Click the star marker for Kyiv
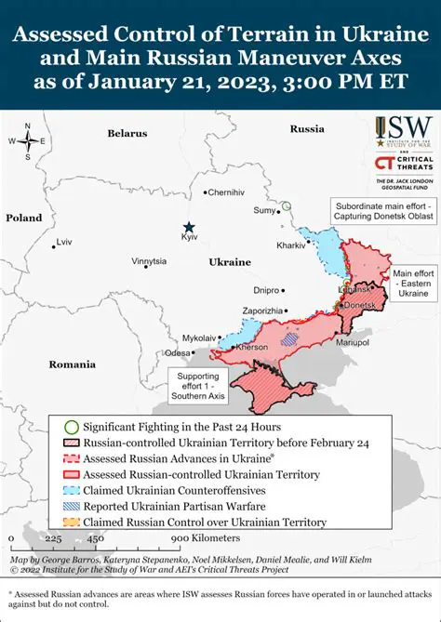pyautogui.click(x=189, y=227)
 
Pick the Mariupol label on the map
pyautogui.click(x=352, y=342)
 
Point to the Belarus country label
pyautogui.click(x=127, y=133)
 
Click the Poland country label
pyautogui.click(x=24, y=218)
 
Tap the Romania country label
pyautogui.click(x=73, y=364)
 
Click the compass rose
pyautogui.click(x=28, y=141)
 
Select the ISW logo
pyautogui.click(x=403, y=131)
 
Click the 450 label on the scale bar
pyautogui.click(x=96, y=538)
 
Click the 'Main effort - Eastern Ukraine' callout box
pyautogui.click(x=412, y=284)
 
